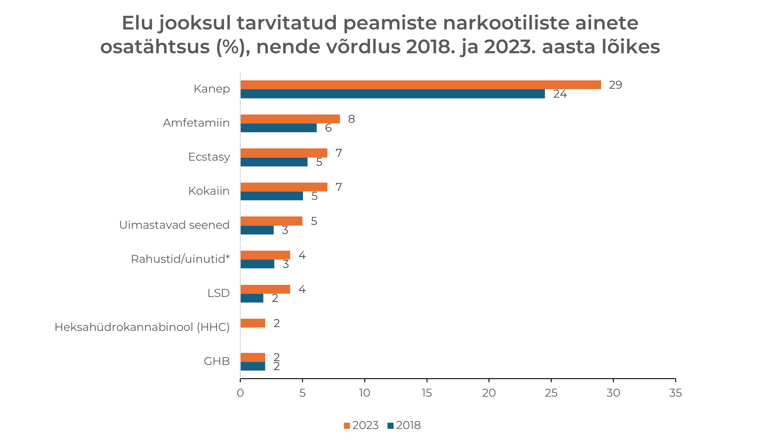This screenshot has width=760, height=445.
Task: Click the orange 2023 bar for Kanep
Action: pyautogui.click(x=420, y=85)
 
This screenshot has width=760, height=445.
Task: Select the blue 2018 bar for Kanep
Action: pyautogui.click(x=392, y=94)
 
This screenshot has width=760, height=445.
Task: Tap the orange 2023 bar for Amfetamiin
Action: pyautogui.click(x=290, y=119)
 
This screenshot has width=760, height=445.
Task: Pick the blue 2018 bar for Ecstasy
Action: pyautogui.click(x=274, y=162)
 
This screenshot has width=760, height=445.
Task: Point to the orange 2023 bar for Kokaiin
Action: pyautogui.click(x=284, y=187)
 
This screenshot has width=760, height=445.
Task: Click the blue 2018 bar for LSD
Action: pyautogui.click(x=252, y=298)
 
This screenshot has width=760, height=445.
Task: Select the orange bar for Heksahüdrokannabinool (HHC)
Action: pyautogui.click(x=253, y=323)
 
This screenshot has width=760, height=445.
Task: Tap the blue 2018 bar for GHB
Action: pyautogui.click(x=253, y=366)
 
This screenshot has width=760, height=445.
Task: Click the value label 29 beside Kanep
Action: pyautogui.click(x=615, y=85)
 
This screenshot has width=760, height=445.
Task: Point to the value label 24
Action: pyautogui.click(x=560, y=94)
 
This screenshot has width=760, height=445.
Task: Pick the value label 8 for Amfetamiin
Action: pyautogui.click(x=351, y=119)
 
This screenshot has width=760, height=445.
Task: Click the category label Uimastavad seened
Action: pyautogui.click(x=174, y=225)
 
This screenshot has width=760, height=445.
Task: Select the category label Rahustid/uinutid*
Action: pyautogui.click(x=180, y=259)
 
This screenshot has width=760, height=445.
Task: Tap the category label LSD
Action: pyautogui.click(x=218, y=293)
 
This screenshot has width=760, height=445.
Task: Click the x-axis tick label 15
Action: pyautogui.click(x=427, y=393)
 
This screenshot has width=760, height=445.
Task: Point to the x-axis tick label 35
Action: pyautogui.click(x=675, y=393)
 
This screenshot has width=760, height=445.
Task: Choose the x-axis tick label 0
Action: pyautogui.click(x=240, y=393)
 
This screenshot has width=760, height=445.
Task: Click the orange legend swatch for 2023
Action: pyautogui.click(x=347, y=425)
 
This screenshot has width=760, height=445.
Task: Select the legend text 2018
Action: pyautogui.click(x=408, y=425)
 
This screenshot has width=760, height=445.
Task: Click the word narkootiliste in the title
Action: pyautogui.click(x=506, y=23)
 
